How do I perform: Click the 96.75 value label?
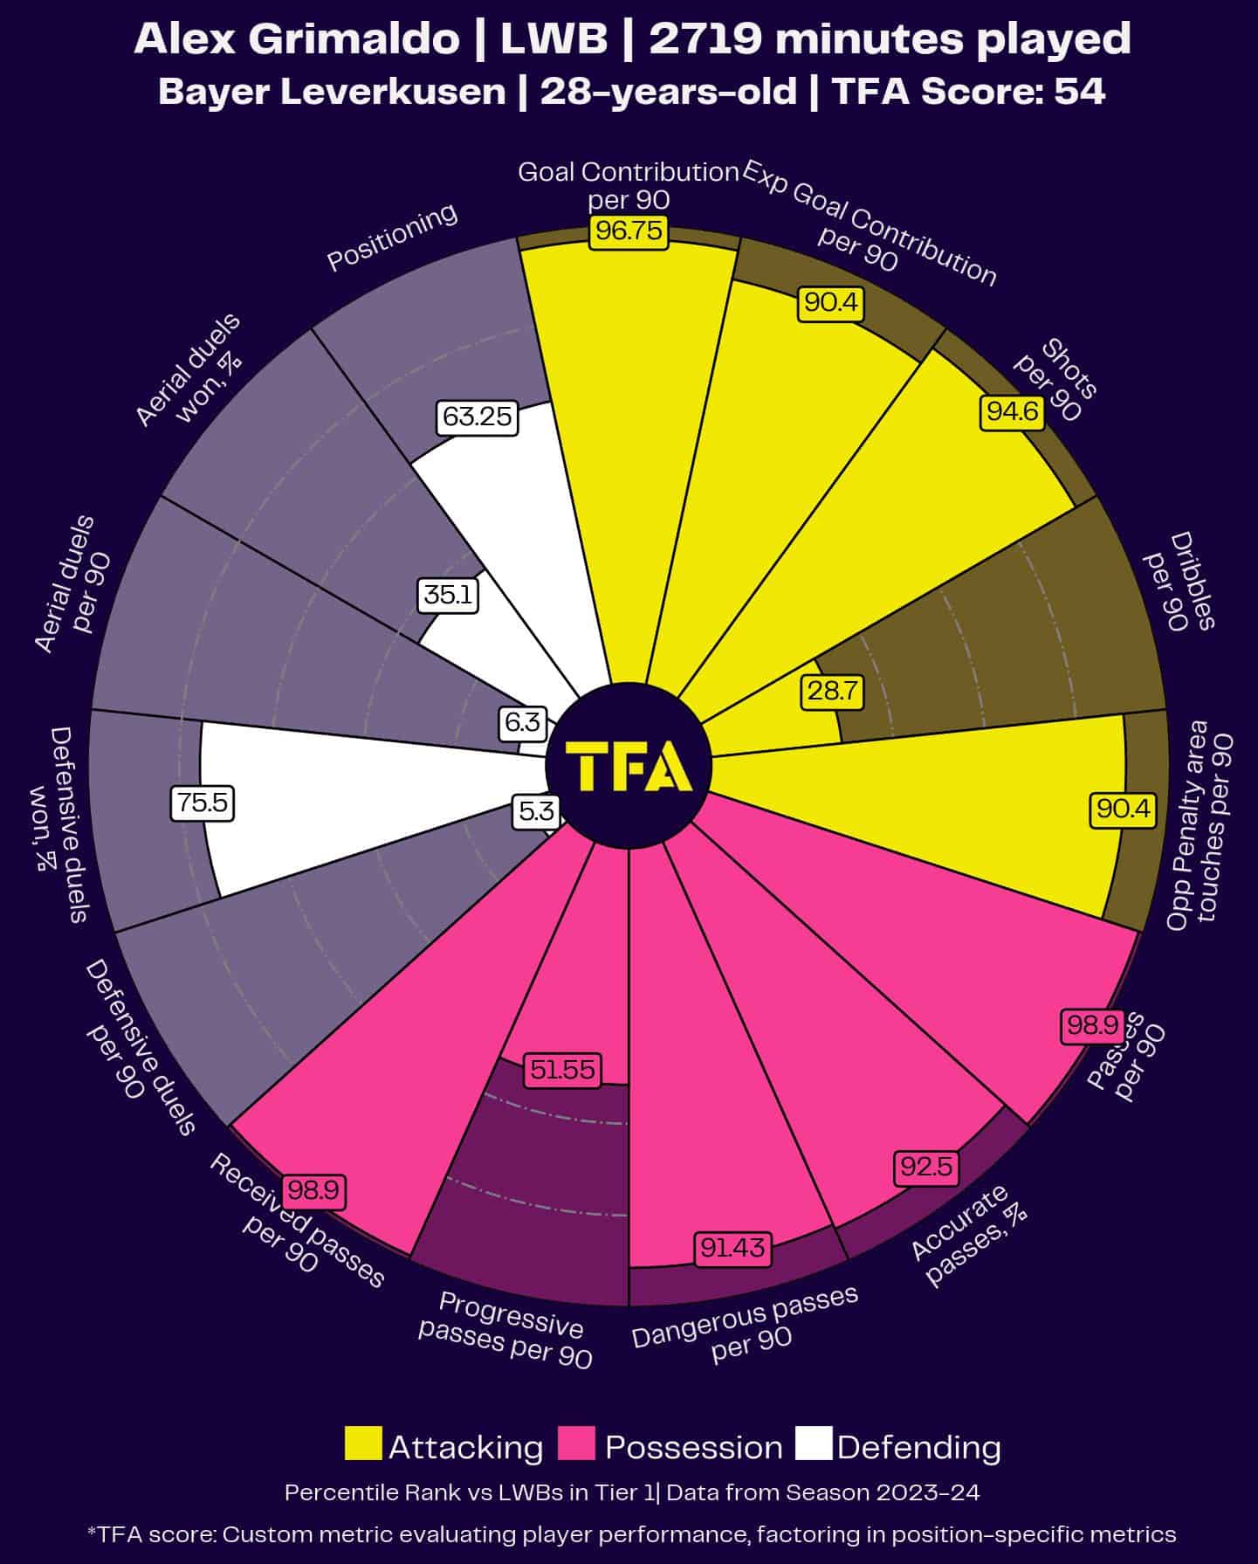(x=629, y=232)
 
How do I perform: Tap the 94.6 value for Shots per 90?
(x=1013, y=410)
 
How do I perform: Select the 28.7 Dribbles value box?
(x=832, y=692)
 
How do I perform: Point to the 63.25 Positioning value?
(x=477, y=417)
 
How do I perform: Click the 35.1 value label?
(x=448, y=596)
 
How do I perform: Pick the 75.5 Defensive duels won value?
(x=203, y=803)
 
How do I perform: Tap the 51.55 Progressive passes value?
(x=562, y=1070)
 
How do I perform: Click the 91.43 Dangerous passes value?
(x=732, y=1249)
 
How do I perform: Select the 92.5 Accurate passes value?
(x=926, y=1167)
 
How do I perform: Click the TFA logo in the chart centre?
(x=629, y=766)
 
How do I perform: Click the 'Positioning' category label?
(x=392, y=237)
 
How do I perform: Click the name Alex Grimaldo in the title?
(x=297, y=39)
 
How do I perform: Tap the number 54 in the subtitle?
(x=1080, y=91)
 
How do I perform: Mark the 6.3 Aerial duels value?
(x=522, y=722)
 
